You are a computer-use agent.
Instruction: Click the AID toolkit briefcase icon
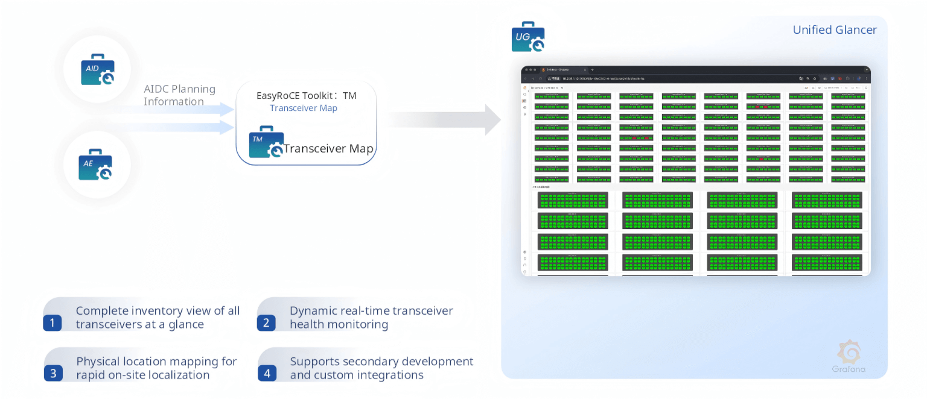pos(97,70)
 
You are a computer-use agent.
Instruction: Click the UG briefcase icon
pos(527,37)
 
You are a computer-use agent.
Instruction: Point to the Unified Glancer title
pos(834,30)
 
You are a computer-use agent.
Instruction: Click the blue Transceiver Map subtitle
pos(303,108)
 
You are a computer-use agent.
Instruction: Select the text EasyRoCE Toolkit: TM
pos(306,96)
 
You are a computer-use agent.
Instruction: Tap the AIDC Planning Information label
pos(179,95)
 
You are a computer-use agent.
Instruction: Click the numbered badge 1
pos(53,323)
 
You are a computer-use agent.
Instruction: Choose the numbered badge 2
pos(266,323)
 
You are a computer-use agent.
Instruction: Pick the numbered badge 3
pos(53,374)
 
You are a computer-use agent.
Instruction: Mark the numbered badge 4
pos(266,374)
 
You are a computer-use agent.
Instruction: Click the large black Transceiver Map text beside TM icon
pos(328,149)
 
